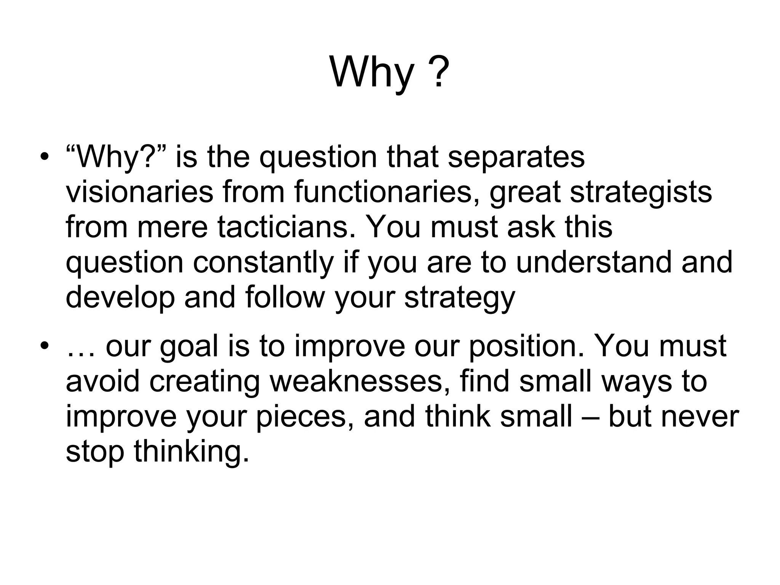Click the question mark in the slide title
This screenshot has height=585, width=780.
(438, 72)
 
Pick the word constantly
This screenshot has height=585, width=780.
(263, 263)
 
